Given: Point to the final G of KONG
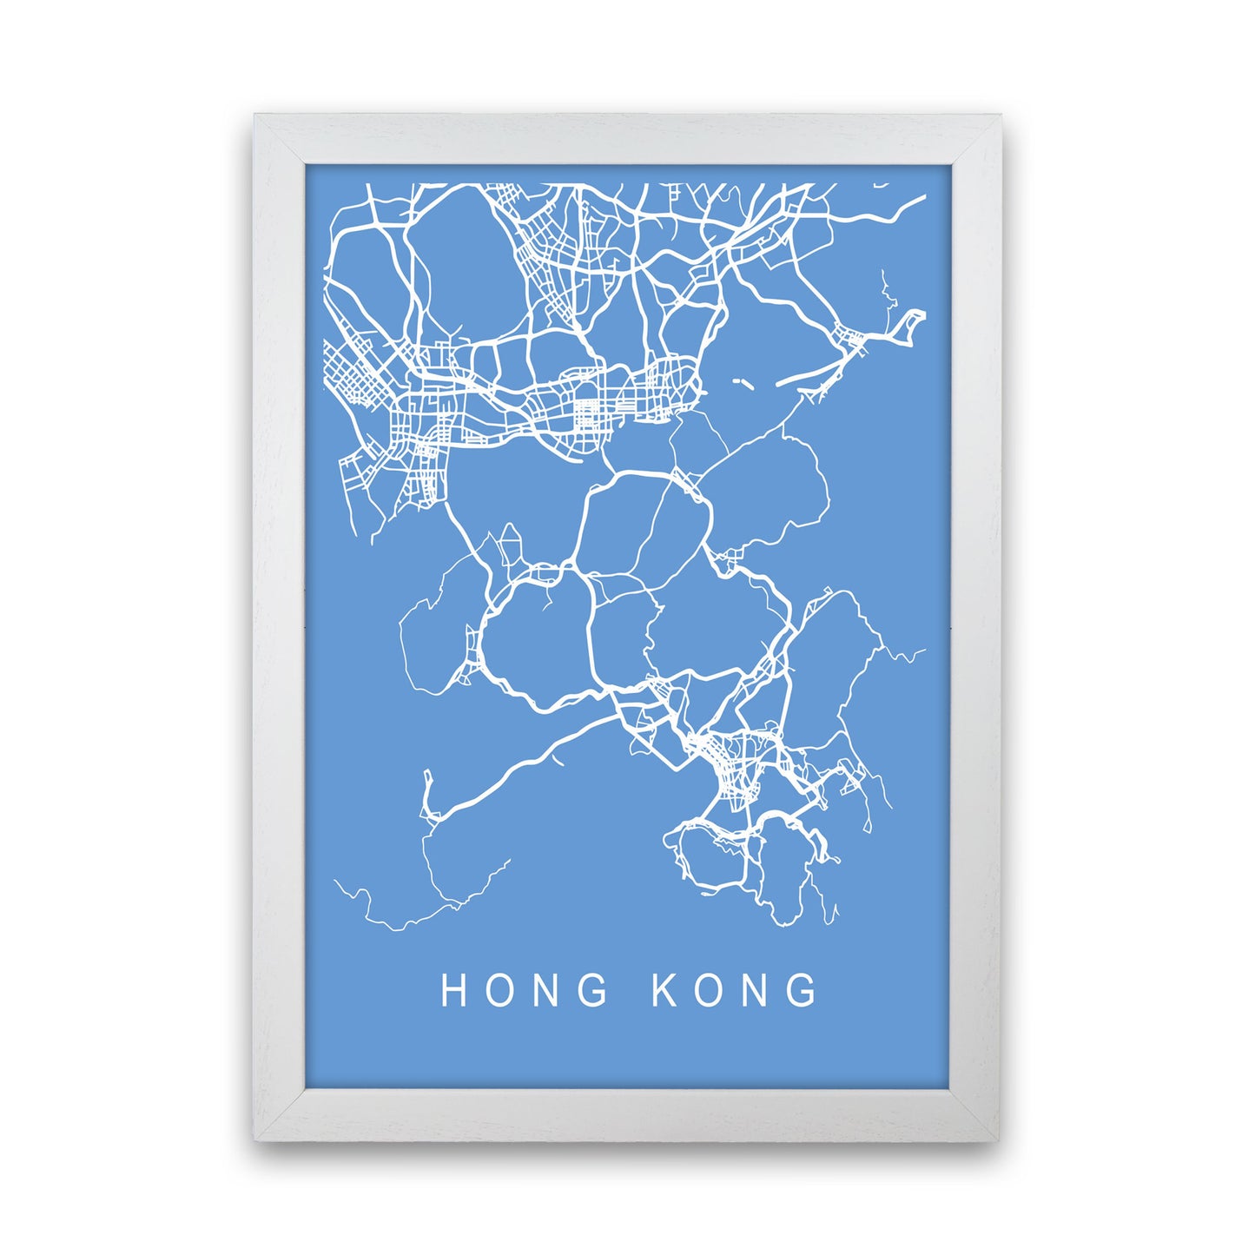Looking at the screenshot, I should click(x=803, y=990).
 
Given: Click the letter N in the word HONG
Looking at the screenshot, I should click(x=546, y=990).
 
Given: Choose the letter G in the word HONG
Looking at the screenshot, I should click(x=592, y=990).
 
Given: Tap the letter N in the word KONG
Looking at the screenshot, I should click(x=756, y=990).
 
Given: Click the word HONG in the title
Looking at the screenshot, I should click(x=524, y=990).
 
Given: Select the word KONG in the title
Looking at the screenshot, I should click(x=735, y=990).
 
